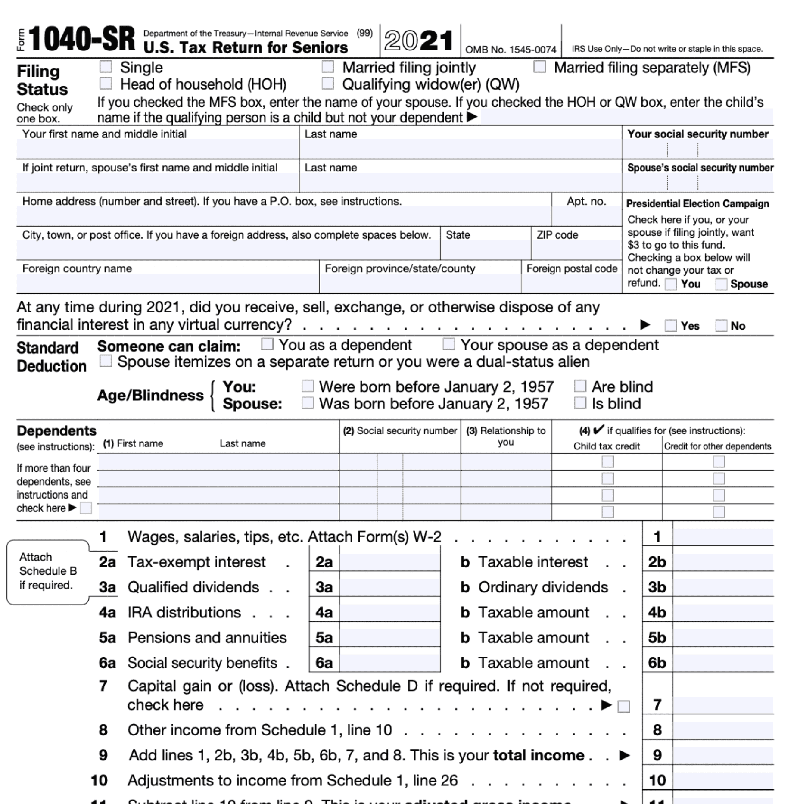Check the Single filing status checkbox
point(106,67)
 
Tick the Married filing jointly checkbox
point(328,67)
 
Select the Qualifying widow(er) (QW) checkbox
point(328,83)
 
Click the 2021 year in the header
point(418,41)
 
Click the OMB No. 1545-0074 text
point(511,50)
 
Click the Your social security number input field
point(697,150)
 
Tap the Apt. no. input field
point(586,216)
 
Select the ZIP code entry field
point(576,250)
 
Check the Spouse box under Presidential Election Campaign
point(721,284)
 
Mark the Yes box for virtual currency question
point(670,326)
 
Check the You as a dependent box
point(267,344)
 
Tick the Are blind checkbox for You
point(580,386)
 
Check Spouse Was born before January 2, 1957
point(308,403)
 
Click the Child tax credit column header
point(606,446)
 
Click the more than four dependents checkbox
point(86,508)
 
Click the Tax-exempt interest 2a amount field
point(389,562)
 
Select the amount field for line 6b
point(722,663)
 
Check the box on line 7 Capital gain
point(623,707)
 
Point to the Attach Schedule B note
point(48,571)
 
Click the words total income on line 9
point(539,755)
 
